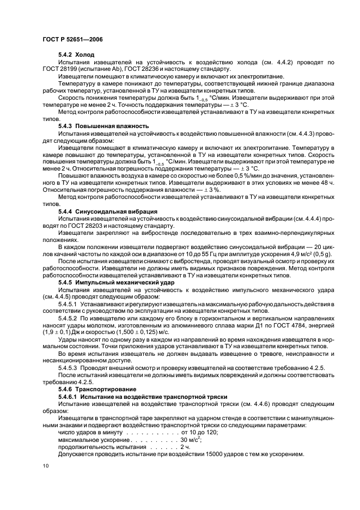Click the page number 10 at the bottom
click(46, 465)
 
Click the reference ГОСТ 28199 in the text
click(60, 69)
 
